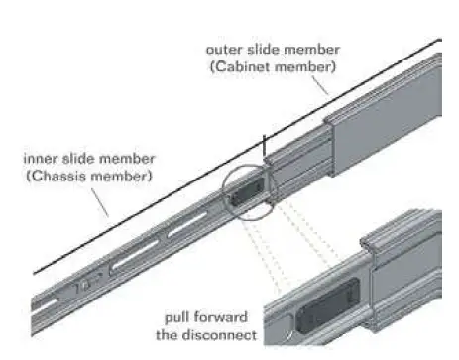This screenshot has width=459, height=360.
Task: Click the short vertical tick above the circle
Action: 264,147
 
